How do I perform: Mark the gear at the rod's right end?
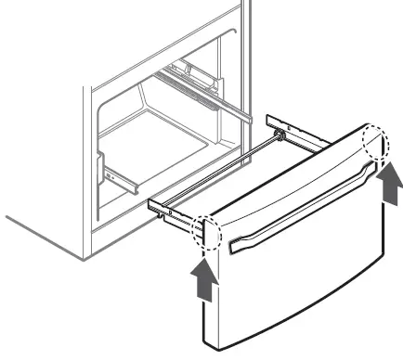pyautogui.click(x=278, y=135)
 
